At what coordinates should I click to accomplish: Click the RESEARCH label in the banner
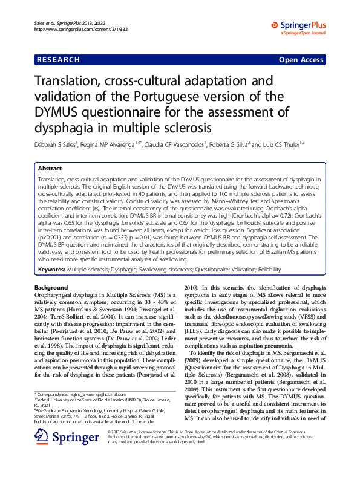click(x=59, y=60)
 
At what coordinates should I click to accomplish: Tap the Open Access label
click(x=301, y=60)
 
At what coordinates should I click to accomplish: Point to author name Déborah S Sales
click(x=60, y=145)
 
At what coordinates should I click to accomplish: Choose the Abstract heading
click(x=50, y=169)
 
